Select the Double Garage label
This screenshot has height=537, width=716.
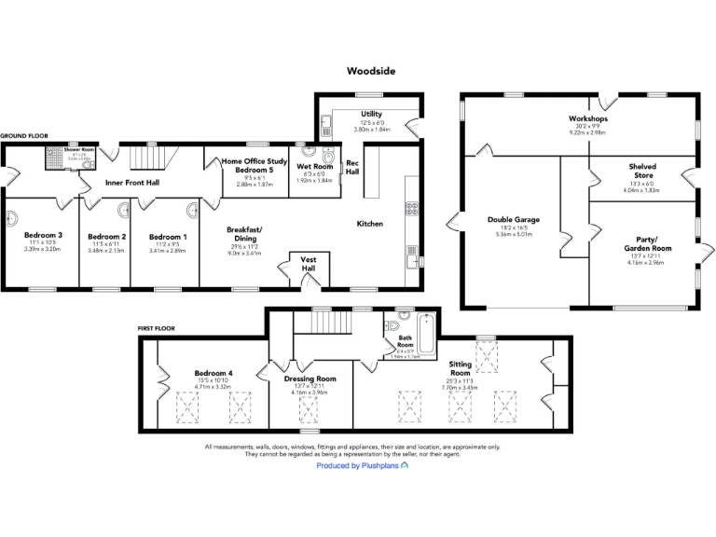[x=513, y=220]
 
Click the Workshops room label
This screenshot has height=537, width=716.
[x=588, y=119]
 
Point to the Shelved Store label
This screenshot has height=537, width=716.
[x=641, y=171]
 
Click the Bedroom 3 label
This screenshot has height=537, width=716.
[x=43, y=236]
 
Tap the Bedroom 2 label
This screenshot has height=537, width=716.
[x=105, y=237]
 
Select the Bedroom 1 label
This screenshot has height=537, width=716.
[x=168, y=237]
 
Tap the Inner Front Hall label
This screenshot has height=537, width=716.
[x=131, y=183]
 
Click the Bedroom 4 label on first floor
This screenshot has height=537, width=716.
[x=213, y=374]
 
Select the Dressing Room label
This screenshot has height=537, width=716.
[x=310, y=379]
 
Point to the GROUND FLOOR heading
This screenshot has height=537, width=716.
[x=23, y=136]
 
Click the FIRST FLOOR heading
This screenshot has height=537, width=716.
[x=158, y=329]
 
